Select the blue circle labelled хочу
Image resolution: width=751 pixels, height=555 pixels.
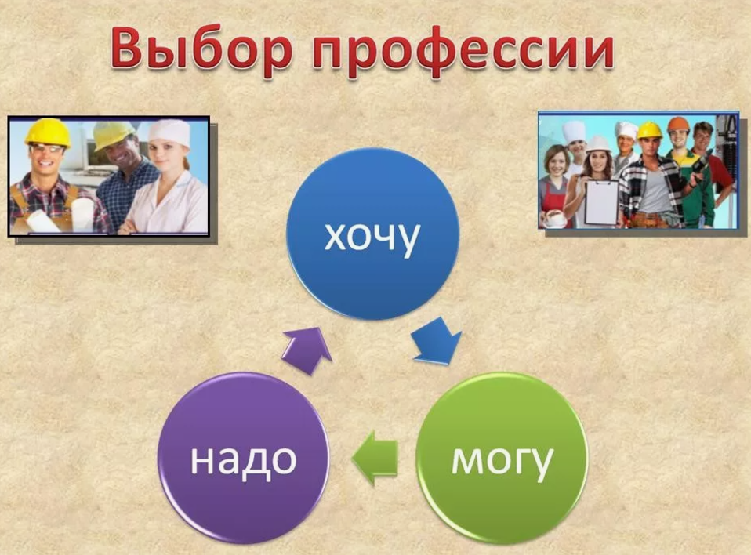[x=372, y=234]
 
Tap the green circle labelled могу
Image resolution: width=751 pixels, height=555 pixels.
[x=502, y=459]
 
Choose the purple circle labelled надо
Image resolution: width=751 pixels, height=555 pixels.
[x=244, y=459]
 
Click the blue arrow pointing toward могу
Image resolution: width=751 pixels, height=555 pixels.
[x=437, y=340]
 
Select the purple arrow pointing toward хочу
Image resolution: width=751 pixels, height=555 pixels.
[x=307, y=350]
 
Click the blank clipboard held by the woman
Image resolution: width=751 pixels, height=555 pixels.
[x=601, y=202]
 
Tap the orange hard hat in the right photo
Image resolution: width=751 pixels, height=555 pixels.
[x=678, y=125]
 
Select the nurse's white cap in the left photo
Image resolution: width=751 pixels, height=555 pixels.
[x=169, y=130]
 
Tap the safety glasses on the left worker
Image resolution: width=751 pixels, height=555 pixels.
[x=46, y=149]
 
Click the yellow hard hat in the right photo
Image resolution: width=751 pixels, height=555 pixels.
[x=649, y=130]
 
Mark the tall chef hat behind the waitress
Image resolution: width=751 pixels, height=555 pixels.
[x=573, y=132]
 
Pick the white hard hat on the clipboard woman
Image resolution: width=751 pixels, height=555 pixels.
[x=598, y=144]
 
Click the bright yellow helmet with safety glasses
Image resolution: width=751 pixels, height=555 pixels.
[x=47, y=131]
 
